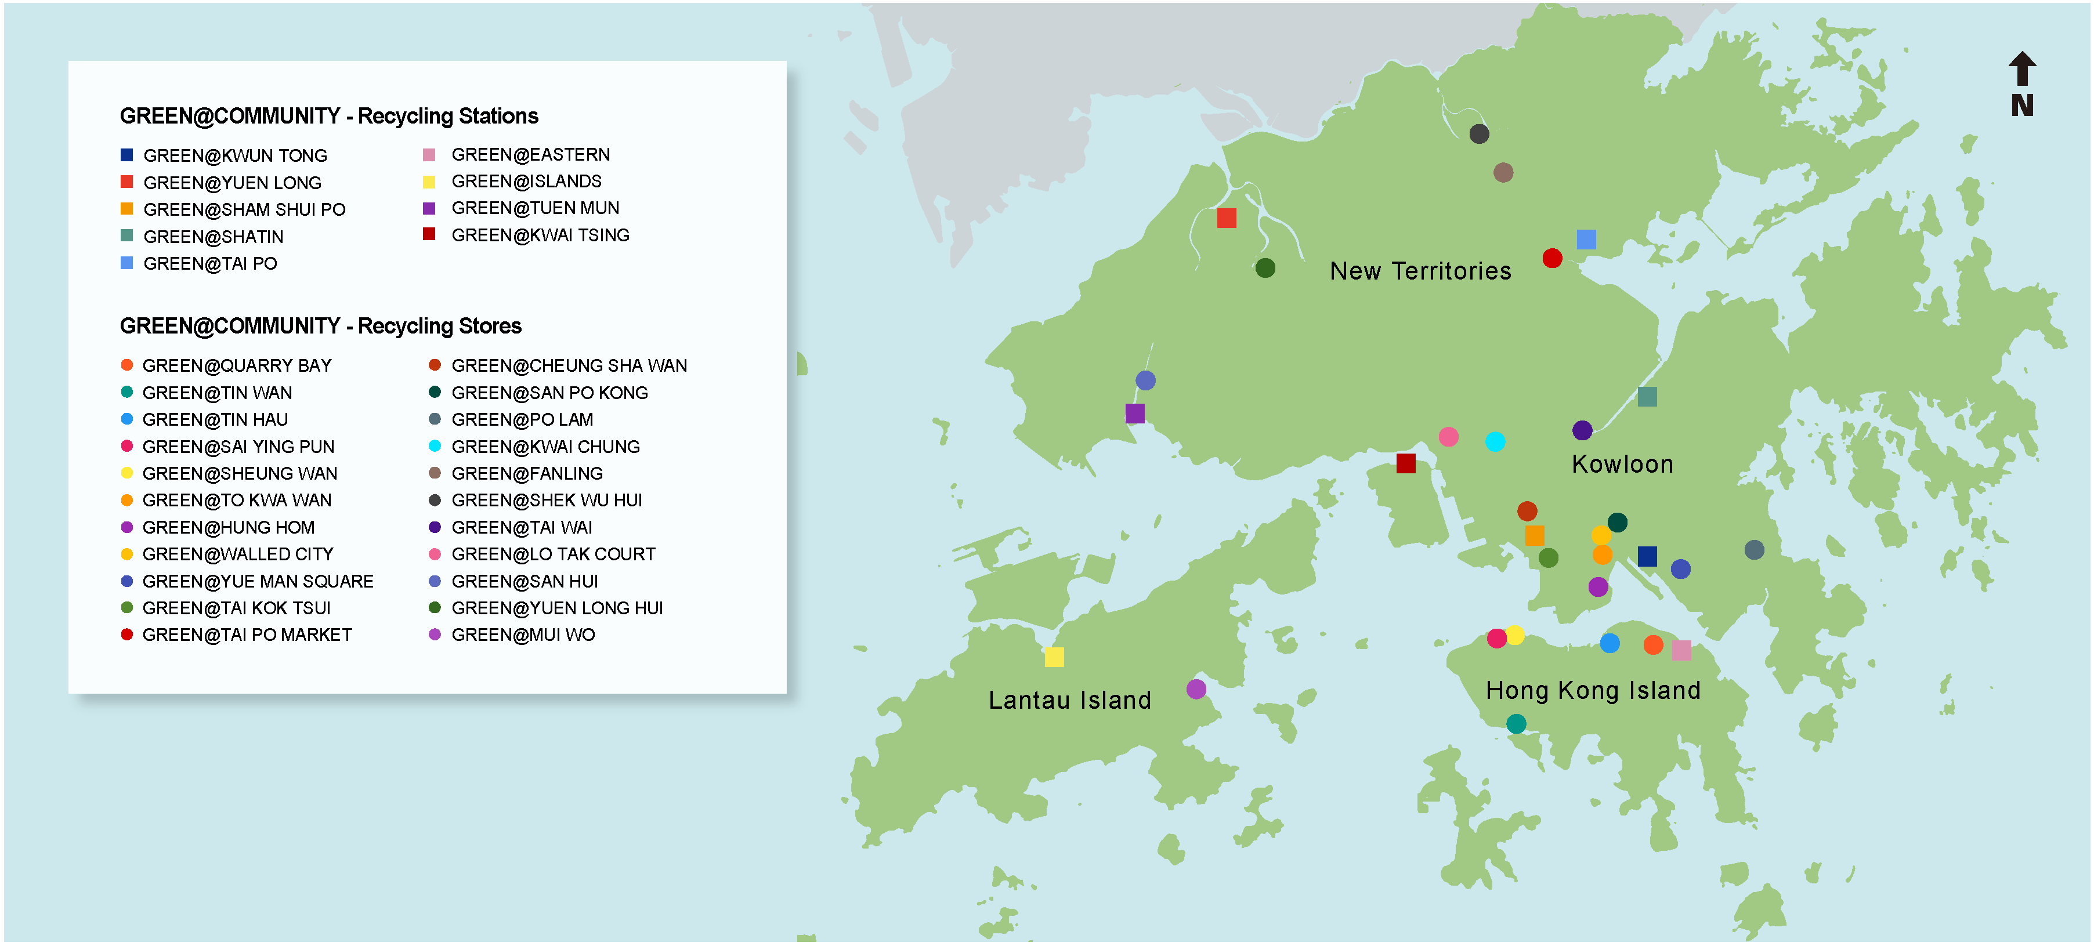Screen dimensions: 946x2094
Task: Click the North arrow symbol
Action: [x=2021, y=84]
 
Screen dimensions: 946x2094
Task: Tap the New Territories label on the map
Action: [x=1420, y=271]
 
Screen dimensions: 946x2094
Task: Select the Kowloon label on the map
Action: [x=1622, y=464]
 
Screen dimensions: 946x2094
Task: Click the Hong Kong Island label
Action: [x=1593, y=690]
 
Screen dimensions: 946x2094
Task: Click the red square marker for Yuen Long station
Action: [x=1226, y=218]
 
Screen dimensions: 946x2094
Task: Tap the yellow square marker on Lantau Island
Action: [x=1054, y=657]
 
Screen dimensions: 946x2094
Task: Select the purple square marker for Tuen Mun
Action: [x=1135, y=414]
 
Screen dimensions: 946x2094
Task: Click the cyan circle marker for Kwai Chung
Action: [x=1495, y=441]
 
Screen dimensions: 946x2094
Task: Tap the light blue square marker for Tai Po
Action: [x=1585, y=239]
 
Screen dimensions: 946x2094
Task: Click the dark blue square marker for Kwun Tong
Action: [x=1647, y=556]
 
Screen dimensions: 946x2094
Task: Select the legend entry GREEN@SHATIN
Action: [x=213, y=237]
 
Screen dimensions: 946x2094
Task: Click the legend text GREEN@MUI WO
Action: [x=523, y=635]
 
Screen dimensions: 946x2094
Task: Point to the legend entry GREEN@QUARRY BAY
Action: [x=237, y=366]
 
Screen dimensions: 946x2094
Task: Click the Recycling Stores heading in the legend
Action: [x=320, y=326]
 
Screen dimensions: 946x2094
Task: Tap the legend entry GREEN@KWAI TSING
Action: [x=540, y=235]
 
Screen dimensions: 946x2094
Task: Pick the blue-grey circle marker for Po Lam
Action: [x=1753, y=550]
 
